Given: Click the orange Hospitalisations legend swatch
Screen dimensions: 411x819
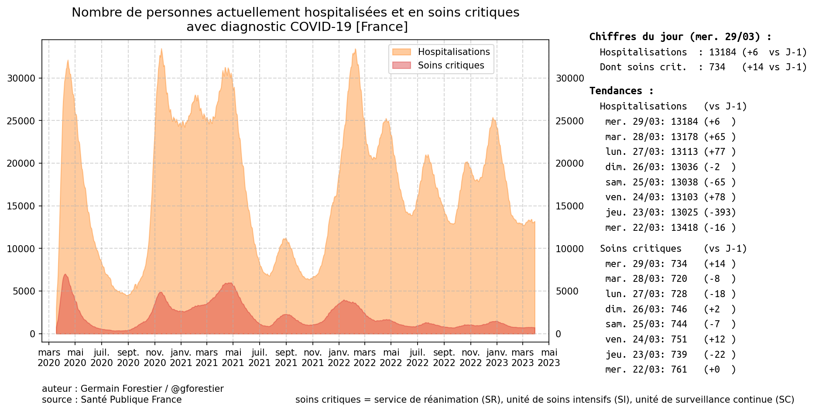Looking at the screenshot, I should pyautogui.click(x=401, y=52).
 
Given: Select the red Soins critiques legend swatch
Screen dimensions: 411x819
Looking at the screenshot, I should pyautogui.click(x=401, y=65).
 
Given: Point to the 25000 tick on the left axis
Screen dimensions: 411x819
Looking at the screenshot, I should pyautogui.click(x=21, y=121).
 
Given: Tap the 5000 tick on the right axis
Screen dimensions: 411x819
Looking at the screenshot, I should pyautogui.click(x=567, y=291).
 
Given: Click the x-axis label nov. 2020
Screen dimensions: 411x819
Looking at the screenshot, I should pyautogui.click(x=155, y=358).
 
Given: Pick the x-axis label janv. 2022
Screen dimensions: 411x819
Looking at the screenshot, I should pyautogui.click(x=339, y=358).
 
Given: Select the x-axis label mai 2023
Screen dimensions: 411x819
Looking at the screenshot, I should pyautogui.click(x=549, y=358).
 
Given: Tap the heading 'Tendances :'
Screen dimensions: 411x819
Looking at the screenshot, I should pyautogui.click(x=621, y=91).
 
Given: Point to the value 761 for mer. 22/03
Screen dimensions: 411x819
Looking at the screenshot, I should pyautogui.click(x=679, y=370).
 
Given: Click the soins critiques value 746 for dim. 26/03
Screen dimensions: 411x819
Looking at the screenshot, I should pyautogui.click(x=679, y=309).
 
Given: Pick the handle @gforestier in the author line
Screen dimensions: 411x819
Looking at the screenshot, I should pyautogui.click(x=197, y=389).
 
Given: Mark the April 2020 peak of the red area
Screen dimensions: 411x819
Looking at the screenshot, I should pyautogui.click(x=65, y=274).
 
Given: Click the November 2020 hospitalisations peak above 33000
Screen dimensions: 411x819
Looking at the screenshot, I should pyautogui.click(x=161, y=49).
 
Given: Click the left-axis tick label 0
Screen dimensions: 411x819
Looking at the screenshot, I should pyautogui.click(x=32, y=334).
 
